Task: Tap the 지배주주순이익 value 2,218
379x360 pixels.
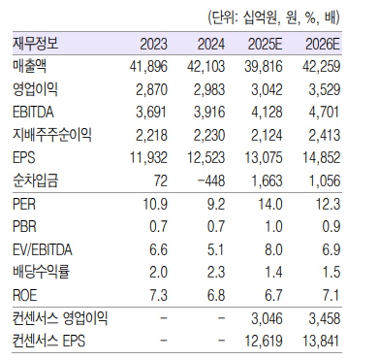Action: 152,134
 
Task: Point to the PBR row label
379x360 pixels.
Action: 26,228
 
